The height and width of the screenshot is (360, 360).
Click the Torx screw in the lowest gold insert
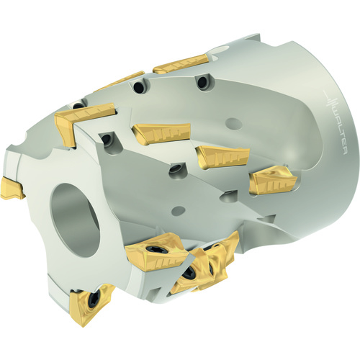(93, 299)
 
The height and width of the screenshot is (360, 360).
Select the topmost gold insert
(180, 63)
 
